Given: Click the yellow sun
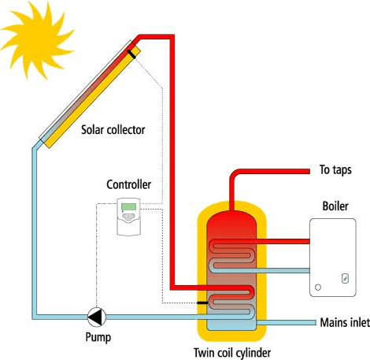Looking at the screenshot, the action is [37, 39].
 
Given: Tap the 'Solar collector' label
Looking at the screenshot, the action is [113, 130].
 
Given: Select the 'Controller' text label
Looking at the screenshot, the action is [128, 184].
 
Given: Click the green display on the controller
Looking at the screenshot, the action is [128, 207].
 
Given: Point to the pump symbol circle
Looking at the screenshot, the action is [97, 317].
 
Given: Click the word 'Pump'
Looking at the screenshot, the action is [98, 337].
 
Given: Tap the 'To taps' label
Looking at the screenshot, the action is [335, 170].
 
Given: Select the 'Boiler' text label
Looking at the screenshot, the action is [335, 206].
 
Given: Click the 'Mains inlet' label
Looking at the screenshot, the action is [345, 322].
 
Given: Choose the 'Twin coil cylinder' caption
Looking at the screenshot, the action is [232, 353].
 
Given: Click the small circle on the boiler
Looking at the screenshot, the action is [318, 288].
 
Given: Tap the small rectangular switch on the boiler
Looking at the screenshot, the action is [345, 278].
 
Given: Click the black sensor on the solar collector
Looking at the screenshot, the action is [131, 54].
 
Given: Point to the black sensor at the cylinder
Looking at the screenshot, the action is [202, 302].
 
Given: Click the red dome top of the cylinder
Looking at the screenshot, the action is [231, 222].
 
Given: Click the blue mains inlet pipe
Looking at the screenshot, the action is [286, 323].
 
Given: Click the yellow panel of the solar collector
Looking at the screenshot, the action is [92, 98].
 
